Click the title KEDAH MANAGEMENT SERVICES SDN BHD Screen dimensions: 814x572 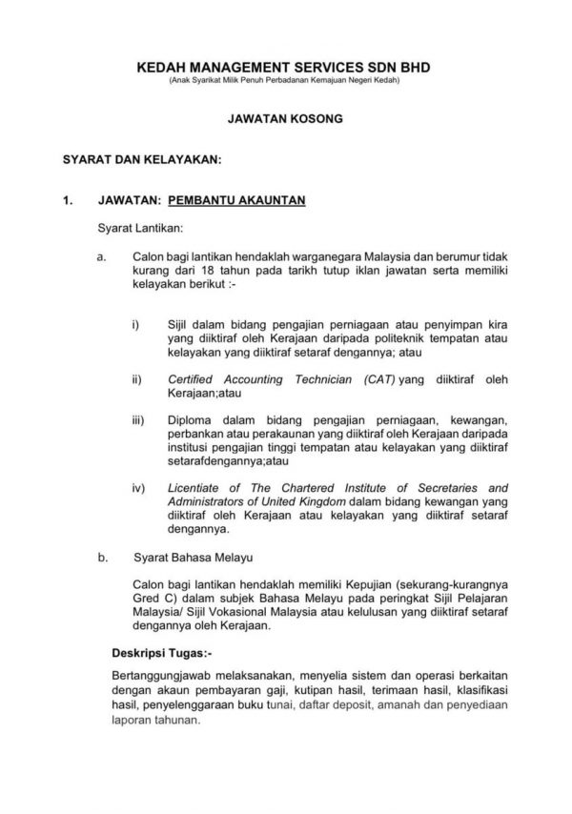point(285,69)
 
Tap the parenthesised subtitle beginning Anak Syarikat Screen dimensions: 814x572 point(285,82)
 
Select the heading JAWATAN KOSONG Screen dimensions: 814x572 point(286,121)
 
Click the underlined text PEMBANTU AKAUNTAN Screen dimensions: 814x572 point(235,201)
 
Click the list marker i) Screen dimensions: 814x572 point(136,325)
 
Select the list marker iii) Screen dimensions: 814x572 point(138,419)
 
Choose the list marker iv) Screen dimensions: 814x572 point(138,487)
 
